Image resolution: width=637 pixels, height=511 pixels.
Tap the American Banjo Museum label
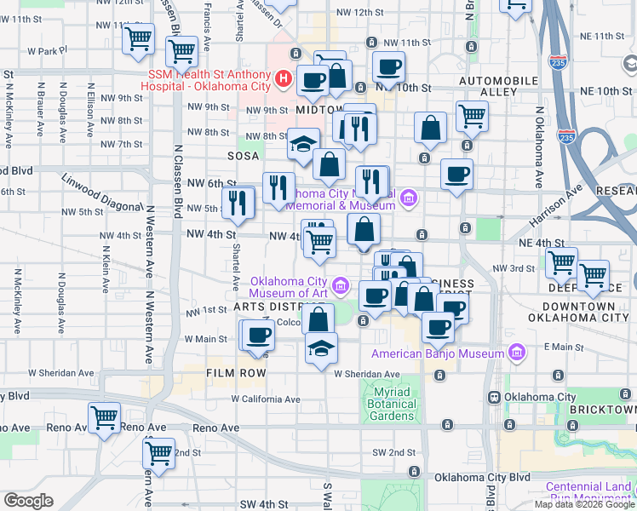tap(439, 353)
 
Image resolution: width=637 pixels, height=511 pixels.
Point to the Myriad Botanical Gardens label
tap(393, 404)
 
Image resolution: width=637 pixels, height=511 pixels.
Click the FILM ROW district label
tap(236, 373)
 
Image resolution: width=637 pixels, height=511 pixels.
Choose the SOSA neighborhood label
tap(243, 157)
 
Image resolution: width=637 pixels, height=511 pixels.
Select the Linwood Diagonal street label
tap(100, 193)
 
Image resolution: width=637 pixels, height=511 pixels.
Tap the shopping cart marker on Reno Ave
tap(105, 418)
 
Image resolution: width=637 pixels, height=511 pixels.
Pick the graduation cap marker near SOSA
tap(303, 144)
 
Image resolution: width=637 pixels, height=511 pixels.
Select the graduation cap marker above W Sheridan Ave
tap(321, 348)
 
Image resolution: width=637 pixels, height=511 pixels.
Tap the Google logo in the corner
tap(28, 501)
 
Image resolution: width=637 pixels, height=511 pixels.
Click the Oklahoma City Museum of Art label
tap(290, 288)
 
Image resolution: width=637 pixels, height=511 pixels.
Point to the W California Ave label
tap(266, 399)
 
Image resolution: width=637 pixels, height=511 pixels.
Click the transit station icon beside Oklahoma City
tap(493, 397)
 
